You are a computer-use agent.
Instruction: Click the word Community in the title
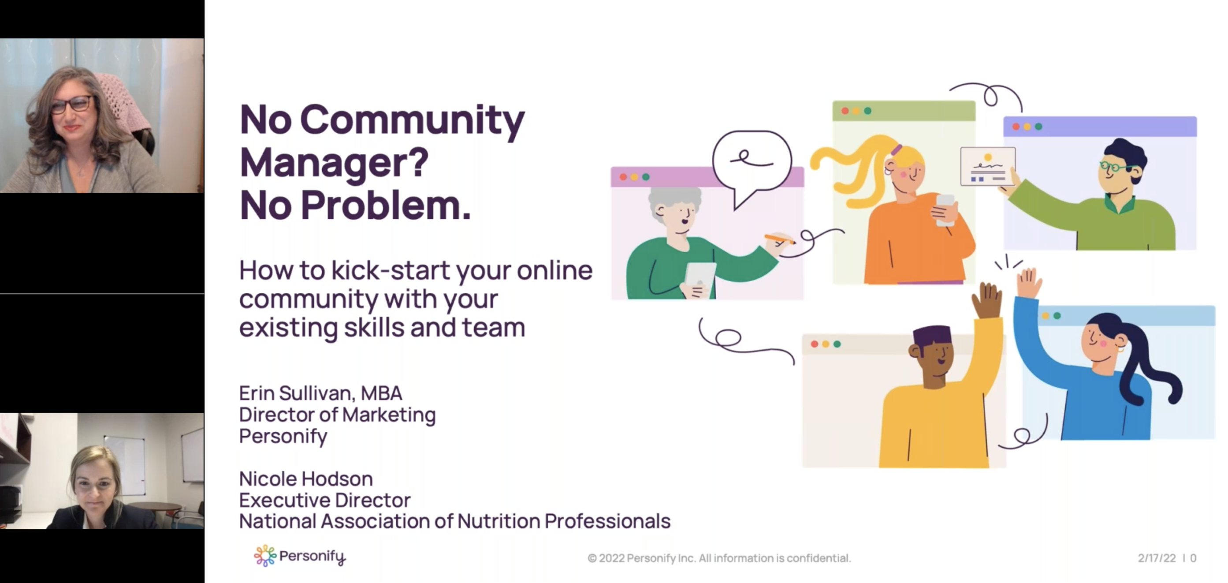[x=413, y=120]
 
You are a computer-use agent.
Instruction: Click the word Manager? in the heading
[x=334, y=163]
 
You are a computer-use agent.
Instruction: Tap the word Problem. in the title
[x=386, y=206]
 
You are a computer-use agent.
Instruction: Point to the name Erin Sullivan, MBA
[x=320, y=394]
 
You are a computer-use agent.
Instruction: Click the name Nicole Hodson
[x=305, y=479]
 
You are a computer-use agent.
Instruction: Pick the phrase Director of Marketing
[x=337, y=415]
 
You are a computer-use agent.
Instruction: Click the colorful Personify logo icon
[x=264, y=556]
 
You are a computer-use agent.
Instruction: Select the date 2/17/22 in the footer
[x=1157, y=558]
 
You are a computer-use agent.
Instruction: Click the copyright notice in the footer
[x=719, y=558]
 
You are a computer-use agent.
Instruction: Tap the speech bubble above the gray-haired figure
[x=752, y=162]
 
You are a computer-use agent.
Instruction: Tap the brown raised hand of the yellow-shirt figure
[x=987, y=301]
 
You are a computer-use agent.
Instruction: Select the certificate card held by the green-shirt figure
[x=987, y=167]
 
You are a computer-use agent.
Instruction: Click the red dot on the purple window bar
[x=1016, y=127]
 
